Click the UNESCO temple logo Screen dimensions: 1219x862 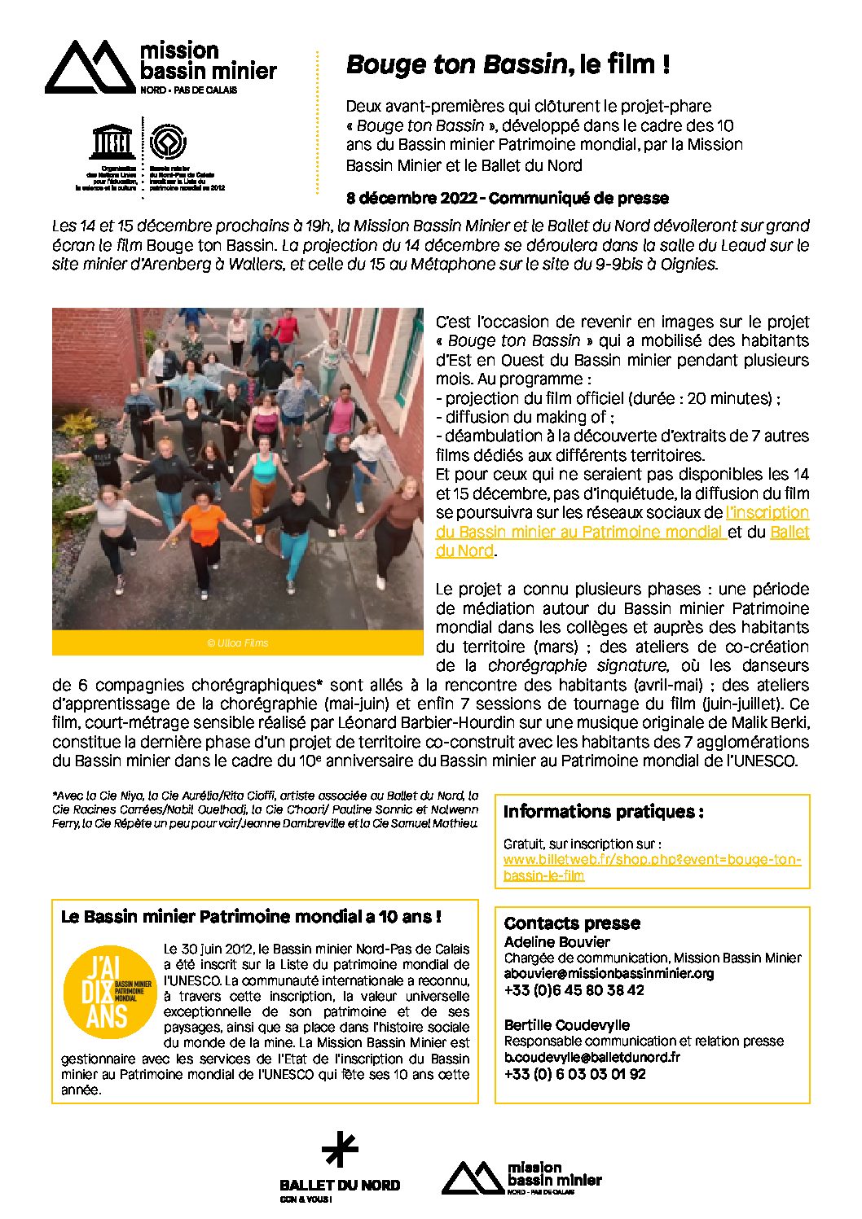[112, 143]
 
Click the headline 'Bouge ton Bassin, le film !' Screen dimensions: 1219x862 [508, 64]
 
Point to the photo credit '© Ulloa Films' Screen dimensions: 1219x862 [237, 643]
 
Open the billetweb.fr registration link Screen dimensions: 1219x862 [652, 868]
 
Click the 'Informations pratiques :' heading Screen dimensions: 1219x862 [603, 812]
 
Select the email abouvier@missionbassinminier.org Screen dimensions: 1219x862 [609, 973]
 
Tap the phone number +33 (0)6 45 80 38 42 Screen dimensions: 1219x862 [574, 990]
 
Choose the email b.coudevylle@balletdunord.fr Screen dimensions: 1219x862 [592, 1057]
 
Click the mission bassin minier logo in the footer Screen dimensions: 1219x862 [521, 1177]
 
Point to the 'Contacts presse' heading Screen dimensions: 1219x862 [572, 923]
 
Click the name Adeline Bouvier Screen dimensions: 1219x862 [556, 941]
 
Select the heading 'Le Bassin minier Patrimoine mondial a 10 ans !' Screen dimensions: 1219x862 [251, 917]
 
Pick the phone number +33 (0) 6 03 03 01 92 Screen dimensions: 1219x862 [574, 1074]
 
